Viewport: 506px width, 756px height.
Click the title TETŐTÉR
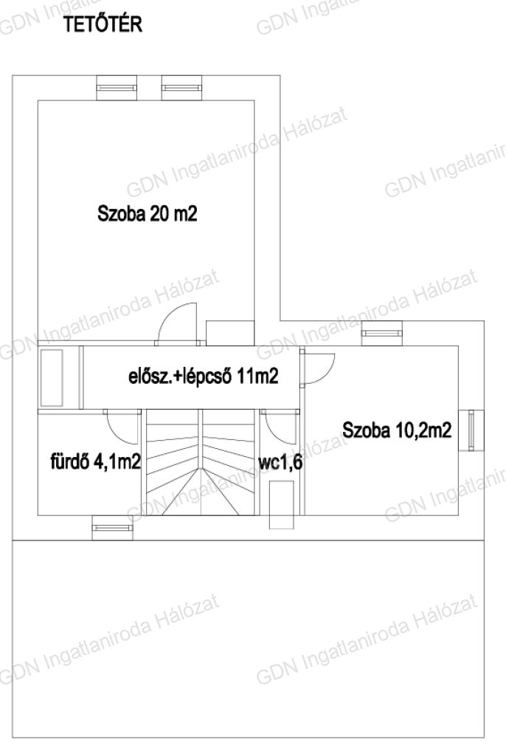(x=103, y=24)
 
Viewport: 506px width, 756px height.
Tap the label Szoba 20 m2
(x=147, y=213)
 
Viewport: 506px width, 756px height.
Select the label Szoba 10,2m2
(x=397, y=430)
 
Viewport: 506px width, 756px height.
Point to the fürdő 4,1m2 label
(x=95, y=462)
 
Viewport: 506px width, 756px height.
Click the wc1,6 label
(x=280, y=462)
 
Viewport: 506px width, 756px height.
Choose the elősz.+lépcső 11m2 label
(x=204, y=376)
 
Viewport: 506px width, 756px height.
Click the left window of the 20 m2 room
(x=117, y=88)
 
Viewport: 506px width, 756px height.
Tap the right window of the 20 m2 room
(x=181, y=88)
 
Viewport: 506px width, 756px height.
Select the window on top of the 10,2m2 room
(x=381, y=334)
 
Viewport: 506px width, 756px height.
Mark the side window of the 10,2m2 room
(x=471, y=430)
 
